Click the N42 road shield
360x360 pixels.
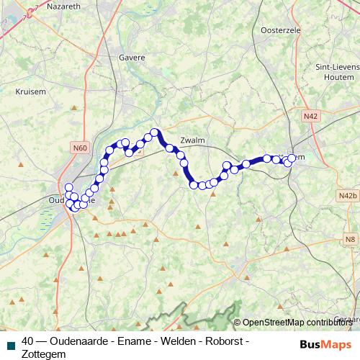(x=310, y=115)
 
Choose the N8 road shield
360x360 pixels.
(x=350, y=238)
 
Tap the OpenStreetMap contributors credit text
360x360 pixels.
(x=297, y=323)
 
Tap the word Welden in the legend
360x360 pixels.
(x=176, y=340)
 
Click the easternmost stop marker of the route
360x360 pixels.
(x=292, y=158)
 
